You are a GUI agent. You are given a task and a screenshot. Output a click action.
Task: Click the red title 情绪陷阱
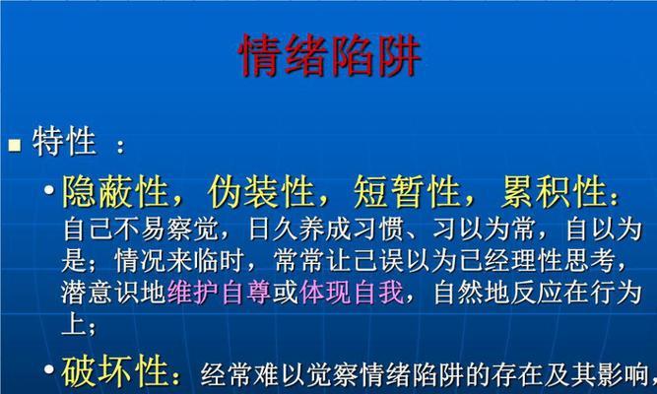pos(329,55)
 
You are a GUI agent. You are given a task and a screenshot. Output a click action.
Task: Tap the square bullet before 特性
pos(15,145)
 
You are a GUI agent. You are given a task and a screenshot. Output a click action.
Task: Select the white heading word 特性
pos(64,142)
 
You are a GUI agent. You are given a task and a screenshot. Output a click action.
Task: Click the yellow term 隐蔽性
pos(115,192)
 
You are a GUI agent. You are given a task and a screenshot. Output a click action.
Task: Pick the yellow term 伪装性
pos(261,192)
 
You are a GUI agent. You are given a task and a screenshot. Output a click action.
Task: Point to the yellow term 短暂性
pos(407,192)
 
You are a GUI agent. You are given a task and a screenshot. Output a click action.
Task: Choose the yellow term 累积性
pos(554,192)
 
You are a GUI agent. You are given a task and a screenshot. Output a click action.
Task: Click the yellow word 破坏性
pos(115,371)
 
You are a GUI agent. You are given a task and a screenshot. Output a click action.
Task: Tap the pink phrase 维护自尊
pos(219,293)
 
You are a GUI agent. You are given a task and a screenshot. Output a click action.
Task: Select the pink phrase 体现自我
pos(351,293)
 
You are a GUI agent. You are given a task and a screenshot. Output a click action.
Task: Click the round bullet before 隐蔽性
pos(49,190)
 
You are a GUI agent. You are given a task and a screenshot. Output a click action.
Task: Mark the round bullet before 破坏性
pos(49,369)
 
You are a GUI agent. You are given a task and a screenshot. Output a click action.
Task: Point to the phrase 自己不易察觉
pos(140,230)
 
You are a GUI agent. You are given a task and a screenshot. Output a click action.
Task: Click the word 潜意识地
pos(114,293)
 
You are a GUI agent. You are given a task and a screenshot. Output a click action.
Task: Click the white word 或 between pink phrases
pos(285,293)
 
